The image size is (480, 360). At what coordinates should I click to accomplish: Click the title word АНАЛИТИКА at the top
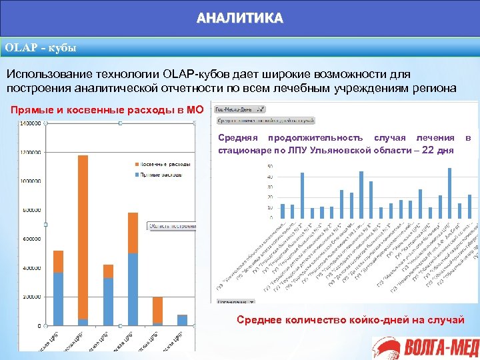[240, 18]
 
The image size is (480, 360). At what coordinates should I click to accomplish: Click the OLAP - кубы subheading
[41, 48]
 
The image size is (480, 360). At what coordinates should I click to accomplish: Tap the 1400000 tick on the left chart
[29, 124]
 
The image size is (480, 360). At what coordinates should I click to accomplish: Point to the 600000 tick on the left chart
[31, 239]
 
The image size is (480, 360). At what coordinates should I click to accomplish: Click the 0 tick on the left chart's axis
[39, 326]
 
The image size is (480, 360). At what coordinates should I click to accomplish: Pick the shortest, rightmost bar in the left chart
[182, 320]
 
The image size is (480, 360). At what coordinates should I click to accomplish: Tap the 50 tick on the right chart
[269, 166]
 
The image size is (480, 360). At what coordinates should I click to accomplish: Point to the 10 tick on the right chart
[269, 207]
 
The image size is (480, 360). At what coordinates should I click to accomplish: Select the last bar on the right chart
[469, 206]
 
